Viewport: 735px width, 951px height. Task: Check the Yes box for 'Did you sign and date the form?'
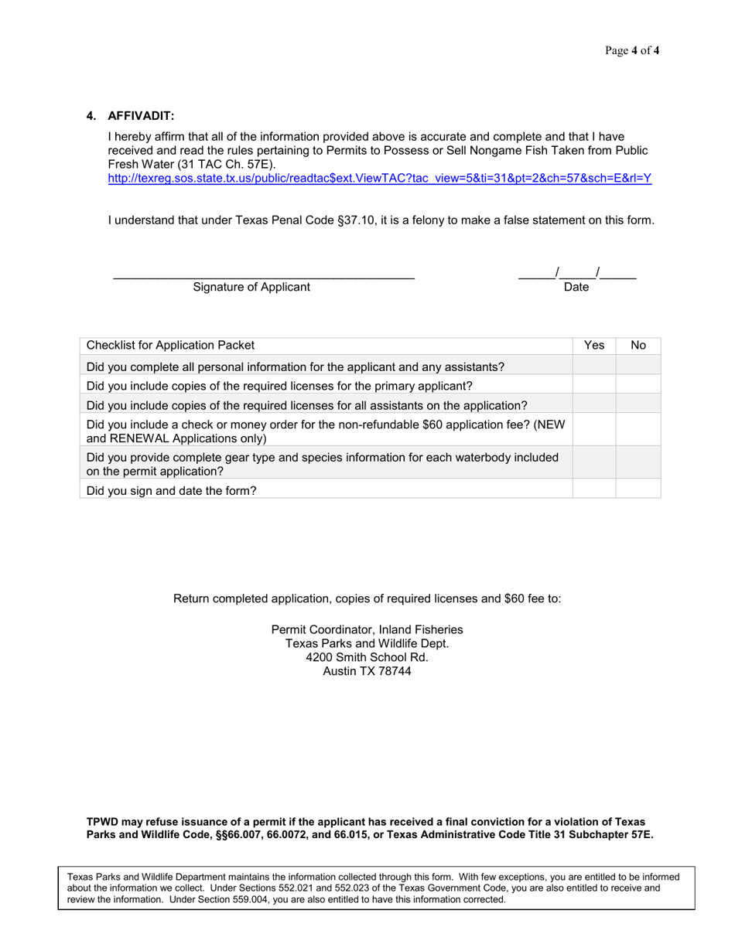(593, 488)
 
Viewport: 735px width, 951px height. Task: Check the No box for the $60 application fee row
(638, 431)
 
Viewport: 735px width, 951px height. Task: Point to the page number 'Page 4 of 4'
(632, 52)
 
